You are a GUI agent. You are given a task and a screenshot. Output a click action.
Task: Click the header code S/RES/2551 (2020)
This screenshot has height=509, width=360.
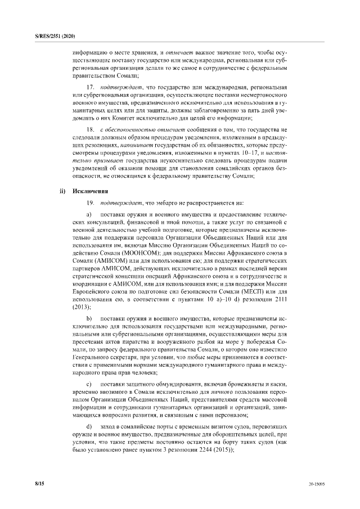pyautogui.click(x=51, y=36)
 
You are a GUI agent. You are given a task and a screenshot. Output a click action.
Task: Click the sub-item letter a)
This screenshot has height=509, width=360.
pyautogui.click(x=89, y=216)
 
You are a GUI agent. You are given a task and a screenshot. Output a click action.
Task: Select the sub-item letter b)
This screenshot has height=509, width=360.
pyautogui.click(x=89, y=318)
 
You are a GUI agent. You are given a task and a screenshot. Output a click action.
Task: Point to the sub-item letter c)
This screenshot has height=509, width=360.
pyautogui.click(x=89, y=384)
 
